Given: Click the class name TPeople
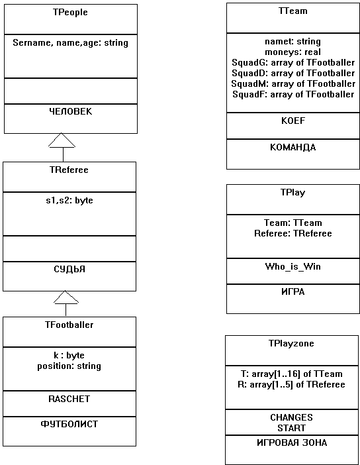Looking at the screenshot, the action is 70,13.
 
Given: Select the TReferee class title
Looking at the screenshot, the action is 69,170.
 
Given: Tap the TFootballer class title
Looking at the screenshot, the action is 69,325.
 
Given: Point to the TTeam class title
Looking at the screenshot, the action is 293,11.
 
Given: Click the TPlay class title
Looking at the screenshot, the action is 292,193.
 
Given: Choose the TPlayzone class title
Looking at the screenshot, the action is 291,344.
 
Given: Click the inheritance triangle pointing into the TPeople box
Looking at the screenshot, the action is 62,140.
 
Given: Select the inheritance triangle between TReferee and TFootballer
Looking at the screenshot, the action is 66,297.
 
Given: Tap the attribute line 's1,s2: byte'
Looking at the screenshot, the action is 69,201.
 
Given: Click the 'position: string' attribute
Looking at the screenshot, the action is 69,366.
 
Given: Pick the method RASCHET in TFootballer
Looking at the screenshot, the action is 69,399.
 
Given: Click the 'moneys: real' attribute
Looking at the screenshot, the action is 292,52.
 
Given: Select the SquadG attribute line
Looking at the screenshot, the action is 293,62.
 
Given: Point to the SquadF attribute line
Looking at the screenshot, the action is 293,94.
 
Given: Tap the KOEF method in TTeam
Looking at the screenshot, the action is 293,121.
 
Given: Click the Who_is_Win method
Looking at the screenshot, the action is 292,266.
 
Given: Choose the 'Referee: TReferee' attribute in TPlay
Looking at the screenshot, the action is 293,234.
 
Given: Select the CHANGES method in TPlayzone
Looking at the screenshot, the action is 291,417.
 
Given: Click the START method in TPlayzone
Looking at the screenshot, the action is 291,428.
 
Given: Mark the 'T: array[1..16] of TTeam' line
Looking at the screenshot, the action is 291,374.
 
